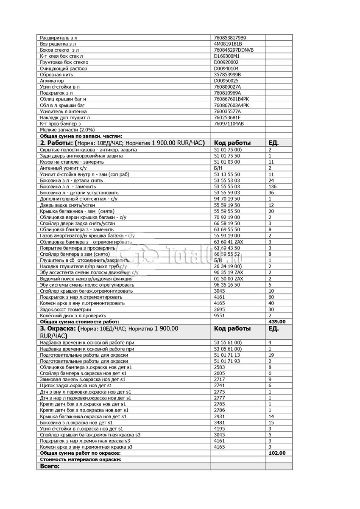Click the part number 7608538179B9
click(x=230, y=38)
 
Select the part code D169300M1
click(x=227, y=56)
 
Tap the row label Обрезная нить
click(x=56, y=75)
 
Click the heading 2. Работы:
click(x=57, y=143)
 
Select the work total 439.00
click(x=277, y=322)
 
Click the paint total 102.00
click(x=277, y=453)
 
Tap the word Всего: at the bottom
click(x=50, y=466)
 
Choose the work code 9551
click(x=219, y=316)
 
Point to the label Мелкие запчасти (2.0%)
click(x=67, y=129)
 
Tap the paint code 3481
click(x=219, y=422)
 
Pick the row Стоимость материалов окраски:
click(x=81, y=459)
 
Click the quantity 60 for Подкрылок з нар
click(x=271, y=297)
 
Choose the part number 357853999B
click(x=228, y=75)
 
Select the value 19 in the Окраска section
click(x=271, y=355)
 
